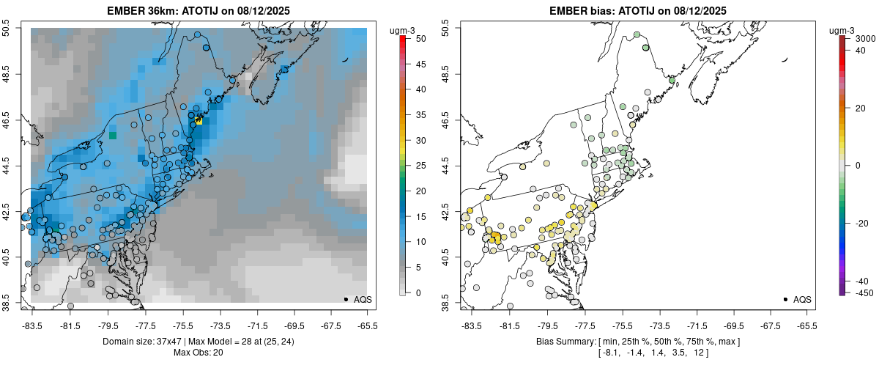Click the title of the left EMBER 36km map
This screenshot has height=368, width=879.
pyautogui.click(x=200, y=10)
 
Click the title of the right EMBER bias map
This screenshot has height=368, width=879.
pyautogui.click(x=638, y=10)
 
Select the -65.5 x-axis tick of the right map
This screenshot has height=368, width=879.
pyautogui.click(x=807, y=325)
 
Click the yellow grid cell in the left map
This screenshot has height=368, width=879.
pyautogui.click(x=199, y=121)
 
